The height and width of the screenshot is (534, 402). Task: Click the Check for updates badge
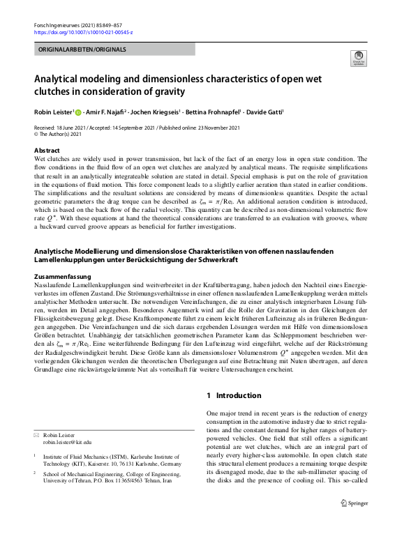(x=359, y=59)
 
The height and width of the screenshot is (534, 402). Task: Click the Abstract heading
(x=47, y=150)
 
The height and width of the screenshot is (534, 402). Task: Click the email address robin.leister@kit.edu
(x=68, y=442)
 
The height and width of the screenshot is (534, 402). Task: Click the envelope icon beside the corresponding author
(x=37, y=434)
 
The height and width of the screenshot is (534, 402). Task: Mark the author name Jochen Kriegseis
(x=158, y=112)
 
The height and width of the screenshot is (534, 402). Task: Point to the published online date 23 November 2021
(x=209, y=128)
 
